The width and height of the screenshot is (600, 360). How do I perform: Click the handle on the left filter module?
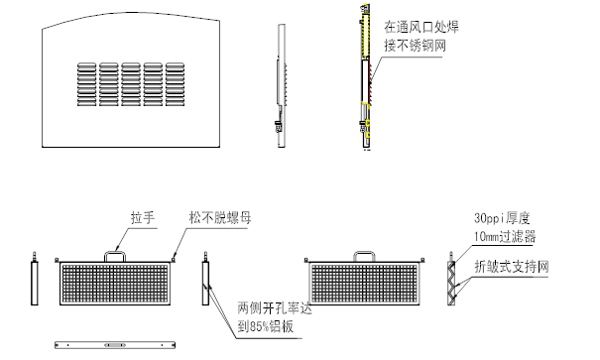tap(117, 255)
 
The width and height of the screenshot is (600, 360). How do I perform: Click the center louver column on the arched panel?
tap(133, 87)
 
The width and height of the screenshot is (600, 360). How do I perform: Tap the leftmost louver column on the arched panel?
tap(86, 87)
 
